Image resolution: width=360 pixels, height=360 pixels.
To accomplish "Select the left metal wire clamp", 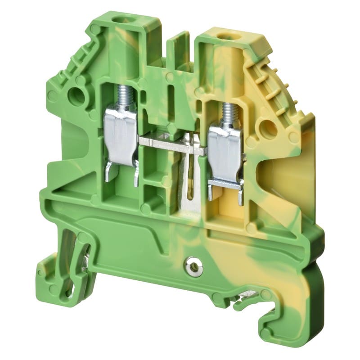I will [120, 135].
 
